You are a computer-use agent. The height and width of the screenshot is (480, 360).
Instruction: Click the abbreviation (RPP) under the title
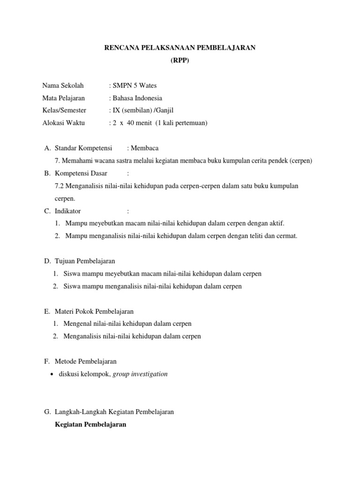(180, 60)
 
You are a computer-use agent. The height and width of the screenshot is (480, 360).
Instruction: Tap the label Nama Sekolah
(63, 86)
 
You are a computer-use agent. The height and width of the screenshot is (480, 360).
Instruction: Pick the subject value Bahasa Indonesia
(137, 98)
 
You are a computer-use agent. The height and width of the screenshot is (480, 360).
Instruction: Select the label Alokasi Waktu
(64, 123)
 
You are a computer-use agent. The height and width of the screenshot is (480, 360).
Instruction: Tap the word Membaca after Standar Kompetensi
(146, 149)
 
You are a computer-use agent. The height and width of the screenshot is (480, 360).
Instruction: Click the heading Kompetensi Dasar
(81, 173)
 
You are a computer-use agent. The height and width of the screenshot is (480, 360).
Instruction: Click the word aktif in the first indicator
(275, 223)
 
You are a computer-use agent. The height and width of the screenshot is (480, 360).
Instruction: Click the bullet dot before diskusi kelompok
(51, 375)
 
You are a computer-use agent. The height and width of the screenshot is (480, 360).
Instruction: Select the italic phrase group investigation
(140, 374)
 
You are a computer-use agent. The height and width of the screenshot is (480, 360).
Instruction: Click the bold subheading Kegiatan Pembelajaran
(90, 425)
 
